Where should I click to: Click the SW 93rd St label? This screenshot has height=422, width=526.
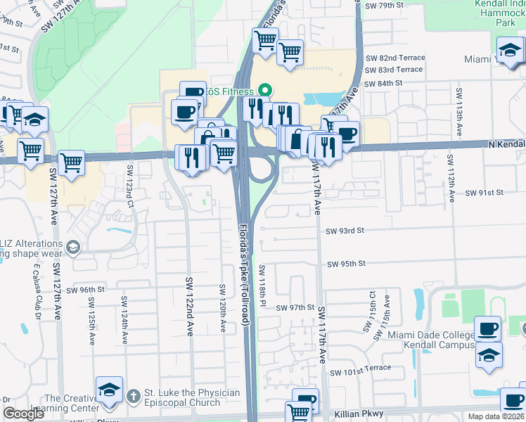click(344, 231)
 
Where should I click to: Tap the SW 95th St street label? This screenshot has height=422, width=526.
click(347, 264)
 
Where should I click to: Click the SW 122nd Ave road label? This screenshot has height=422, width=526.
click(189, 306)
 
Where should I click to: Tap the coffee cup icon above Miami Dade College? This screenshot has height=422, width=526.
click(488, 328)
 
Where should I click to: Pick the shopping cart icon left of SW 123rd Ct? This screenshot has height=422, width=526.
click(72, 162)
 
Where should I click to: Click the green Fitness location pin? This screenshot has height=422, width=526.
click(265, 90)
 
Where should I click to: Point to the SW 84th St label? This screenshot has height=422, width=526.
click(383, 82)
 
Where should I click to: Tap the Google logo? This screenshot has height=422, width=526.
click(23, 414)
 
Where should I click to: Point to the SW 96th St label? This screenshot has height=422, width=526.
click(85, 290)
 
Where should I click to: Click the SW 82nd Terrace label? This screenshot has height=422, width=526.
click(393, 58)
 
